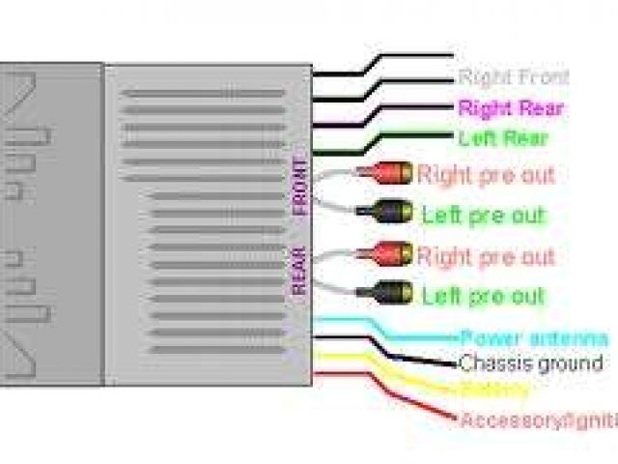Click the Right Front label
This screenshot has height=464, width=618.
coord(513,77)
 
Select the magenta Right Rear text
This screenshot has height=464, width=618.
coord(511,107)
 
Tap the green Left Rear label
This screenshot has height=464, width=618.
coord(503,137)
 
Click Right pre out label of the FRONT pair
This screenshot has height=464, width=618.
coord(486,175)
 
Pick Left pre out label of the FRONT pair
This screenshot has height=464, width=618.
coord(483,215)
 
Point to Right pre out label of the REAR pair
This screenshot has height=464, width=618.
coord(486,257)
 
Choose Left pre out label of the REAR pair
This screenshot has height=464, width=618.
coord(483,296)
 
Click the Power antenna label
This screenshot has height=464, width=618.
coord(534,338)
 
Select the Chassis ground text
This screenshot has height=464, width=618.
coord(531,363)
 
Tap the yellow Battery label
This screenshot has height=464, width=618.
coord(494,391)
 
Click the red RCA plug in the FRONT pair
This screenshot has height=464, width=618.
coord(385,174)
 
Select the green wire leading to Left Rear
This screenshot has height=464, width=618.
coord(406,138)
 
